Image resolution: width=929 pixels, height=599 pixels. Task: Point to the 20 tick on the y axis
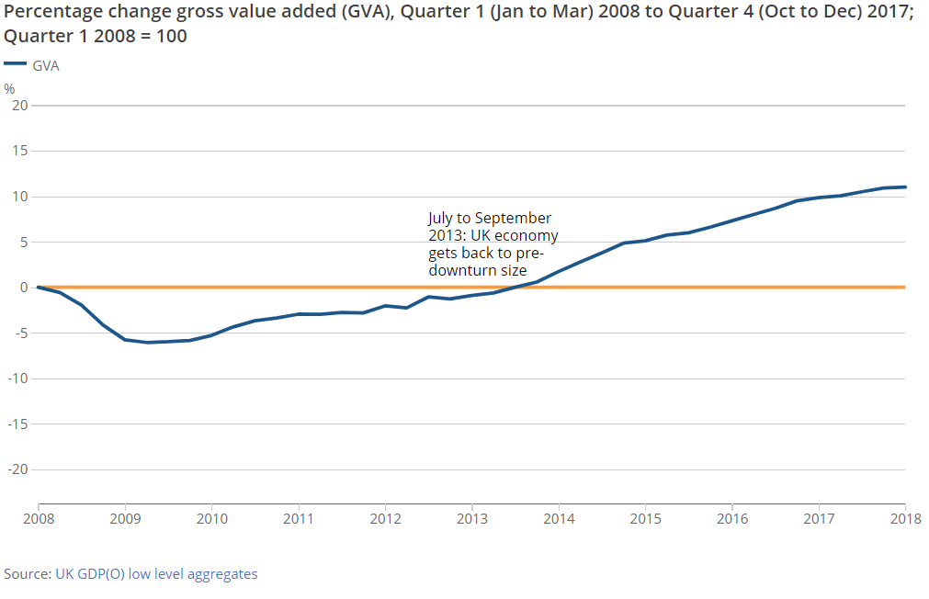coord(17,106)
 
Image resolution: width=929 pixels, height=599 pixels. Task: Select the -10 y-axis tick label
coord(16,379)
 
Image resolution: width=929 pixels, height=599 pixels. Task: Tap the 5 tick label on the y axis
coord(22,243)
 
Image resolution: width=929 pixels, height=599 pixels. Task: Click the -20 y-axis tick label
coord(16,469)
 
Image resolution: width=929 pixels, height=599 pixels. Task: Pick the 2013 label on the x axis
coord(471,518)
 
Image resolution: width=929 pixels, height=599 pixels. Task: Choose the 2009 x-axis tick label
coord(125,518)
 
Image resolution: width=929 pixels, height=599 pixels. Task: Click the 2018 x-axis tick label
coord(905,518)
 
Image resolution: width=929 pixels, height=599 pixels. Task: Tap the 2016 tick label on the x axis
coord(731,518)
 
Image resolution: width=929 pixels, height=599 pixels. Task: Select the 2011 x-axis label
coord(299,518)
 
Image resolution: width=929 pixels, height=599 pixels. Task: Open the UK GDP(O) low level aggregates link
coord(156,574)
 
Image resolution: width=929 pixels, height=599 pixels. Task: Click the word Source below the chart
coord(27,574)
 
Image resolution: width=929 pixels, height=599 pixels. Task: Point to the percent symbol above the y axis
coord(10,89)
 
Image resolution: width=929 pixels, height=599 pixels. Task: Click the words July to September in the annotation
coord(490,219)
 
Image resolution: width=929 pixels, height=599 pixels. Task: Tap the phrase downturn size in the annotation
coord(477,271)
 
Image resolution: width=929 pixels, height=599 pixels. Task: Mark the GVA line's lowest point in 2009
coord(146,343)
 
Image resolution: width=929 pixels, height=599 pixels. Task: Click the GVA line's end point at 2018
coord(905,187)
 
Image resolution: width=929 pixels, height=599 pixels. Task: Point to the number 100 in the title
coord(170,38)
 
